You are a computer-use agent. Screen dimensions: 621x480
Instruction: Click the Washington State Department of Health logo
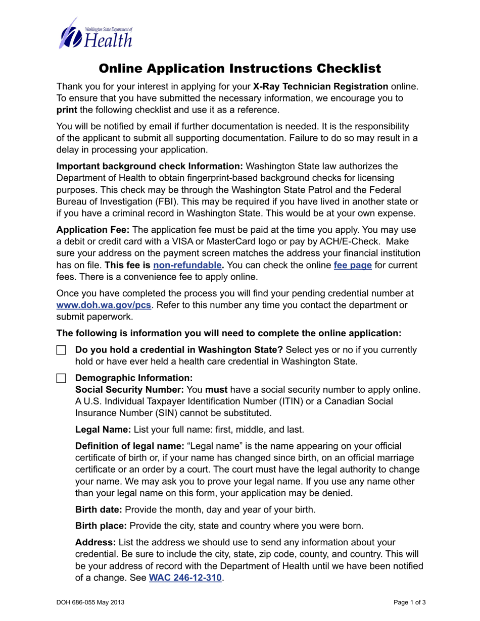(x=96, y=33)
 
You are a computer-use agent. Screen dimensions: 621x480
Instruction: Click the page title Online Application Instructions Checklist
(x=240, y=68)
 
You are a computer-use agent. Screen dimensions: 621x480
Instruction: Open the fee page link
(x=353, y=265)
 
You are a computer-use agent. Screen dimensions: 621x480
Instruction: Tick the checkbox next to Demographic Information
(x=61, y=378)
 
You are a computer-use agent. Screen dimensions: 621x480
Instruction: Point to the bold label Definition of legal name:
(x=129, y=446)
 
